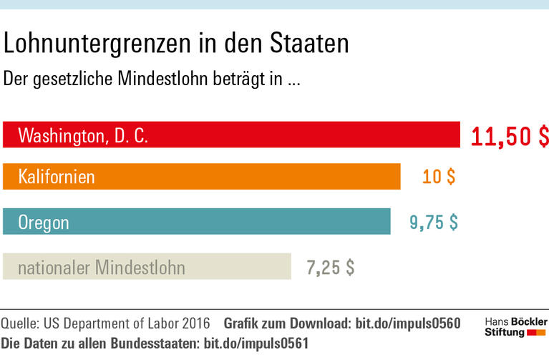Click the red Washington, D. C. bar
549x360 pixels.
tap(301, 135)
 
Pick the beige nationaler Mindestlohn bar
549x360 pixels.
tap(236, 267)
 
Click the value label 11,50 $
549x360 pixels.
tap(509, 136)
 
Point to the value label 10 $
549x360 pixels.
tap(438, 177)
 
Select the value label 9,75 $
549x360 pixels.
tap(433, 222)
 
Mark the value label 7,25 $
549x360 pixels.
tap(330, 268)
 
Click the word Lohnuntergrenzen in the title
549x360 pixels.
tap(93, 44)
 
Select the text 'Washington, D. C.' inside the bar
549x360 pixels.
tap(83, 135)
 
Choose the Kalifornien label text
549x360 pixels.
tap(57, 177)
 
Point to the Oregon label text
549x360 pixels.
tap(44, 223)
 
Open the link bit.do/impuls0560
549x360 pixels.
tap(407, 323)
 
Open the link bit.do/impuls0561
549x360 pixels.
tap(256, 344)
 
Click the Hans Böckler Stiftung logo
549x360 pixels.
tap(515, 327)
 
